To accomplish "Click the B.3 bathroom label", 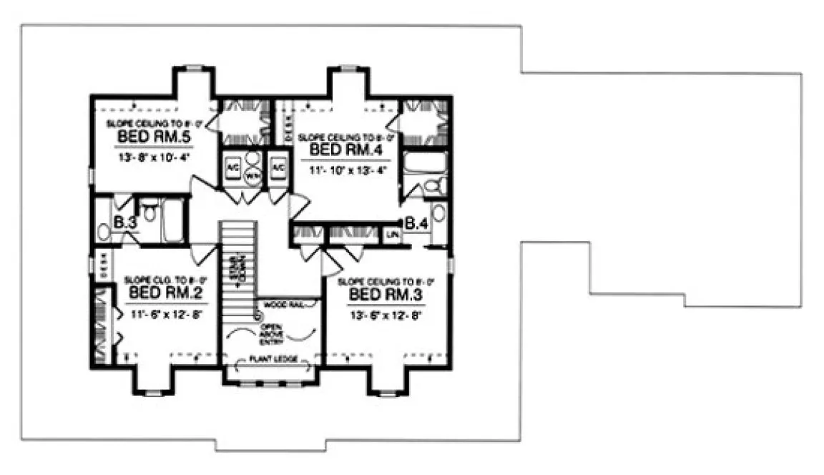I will click(x=125, y=223).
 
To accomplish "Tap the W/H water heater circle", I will click(x=252, y=174).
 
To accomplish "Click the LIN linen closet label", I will click(x=392, y=234).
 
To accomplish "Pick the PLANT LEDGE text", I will click(x=269, y=360).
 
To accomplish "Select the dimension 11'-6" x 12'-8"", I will click(x=163, y=313).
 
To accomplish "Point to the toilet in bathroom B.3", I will click(x=149, y=212).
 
